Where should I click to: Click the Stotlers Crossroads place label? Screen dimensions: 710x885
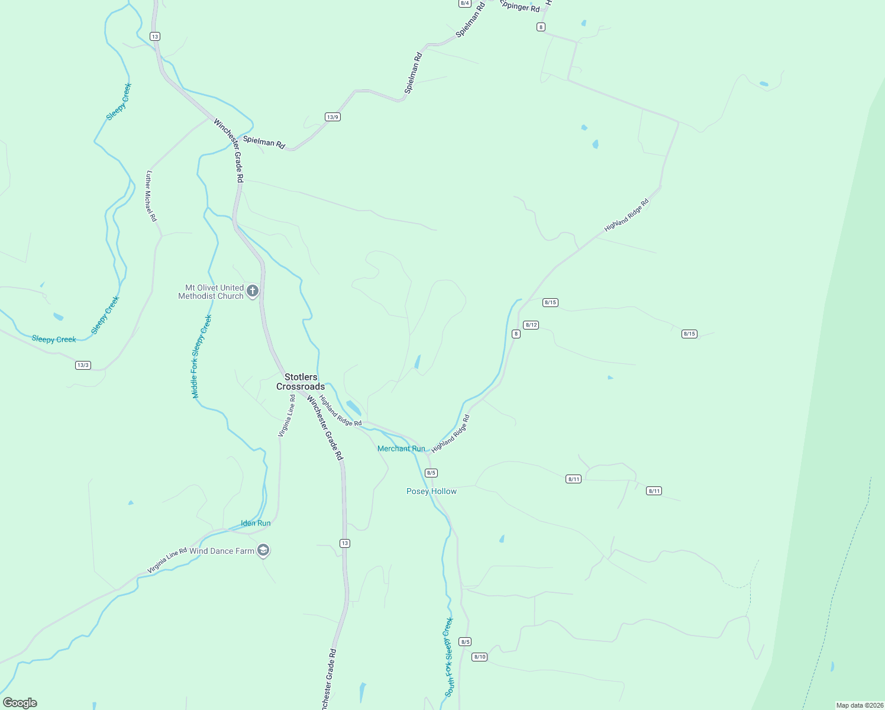[x=301, y=382]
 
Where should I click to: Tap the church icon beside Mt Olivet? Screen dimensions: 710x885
[x=253, y=291]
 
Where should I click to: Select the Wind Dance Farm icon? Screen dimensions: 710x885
[x=263, y=551]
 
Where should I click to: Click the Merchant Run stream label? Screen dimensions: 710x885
[x=401, y=448]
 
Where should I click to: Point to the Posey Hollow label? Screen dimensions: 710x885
[x=431, y=491]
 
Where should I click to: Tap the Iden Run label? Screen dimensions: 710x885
[x=256, y=523]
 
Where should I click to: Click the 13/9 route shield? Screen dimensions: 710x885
[x=332, y=117]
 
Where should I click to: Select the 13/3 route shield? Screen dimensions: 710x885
[x=83, y=365]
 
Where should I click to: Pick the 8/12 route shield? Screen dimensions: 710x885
[x=531, y=325]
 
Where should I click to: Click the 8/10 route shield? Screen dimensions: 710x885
[x=479, y=657]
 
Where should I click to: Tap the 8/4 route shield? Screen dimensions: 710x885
[x=464, y=3]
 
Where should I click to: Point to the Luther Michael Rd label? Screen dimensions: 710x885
[x=151, y=196]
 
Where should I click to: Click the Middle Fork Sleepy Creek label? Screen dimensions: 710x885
[x=201, y=356]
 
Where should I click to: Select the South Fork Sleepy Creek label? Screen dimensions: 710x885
[x=449, y=657]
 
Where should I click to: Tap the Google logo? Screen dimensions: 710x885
[x=20, y=703]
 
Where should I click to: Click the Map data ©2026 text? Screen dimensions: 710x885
[x=859, y=705]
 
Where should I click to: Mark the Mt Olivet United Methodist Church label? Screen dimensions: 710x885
[x=211, y=292]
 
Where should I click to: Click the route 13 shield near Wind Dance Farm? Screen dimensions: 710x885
[x=345, y=543]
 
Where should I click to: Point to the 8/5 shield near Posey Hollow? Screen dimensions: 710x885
[x=431, y=473]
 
